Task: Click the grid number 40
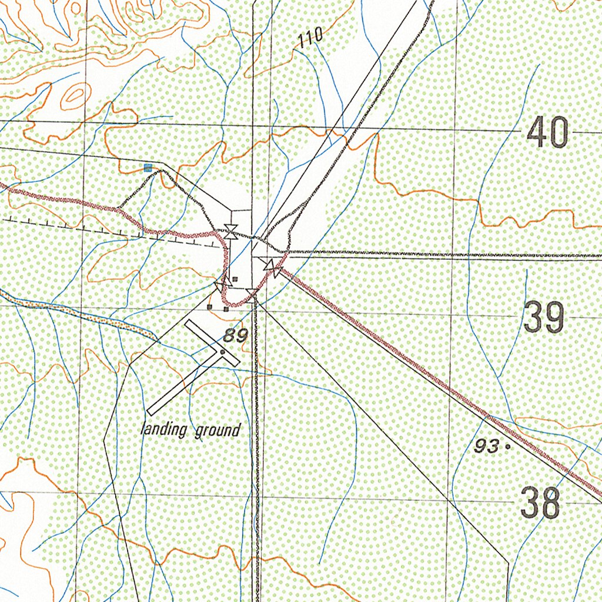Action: pos(547,132)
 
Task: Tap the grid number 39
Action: pos(544,317)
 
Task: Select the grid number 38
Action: pos(540,504)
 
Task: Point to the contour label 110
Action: pos(310,39)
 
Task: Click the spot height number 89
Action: pos(235,336)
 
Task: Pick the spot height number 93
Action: pos(486,446)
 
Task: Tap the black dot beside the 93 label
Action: pos(507,447)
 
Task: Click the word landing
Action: pos(164,430)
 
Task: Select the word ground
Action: pos(218,430)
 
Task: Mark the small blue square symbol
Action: pos(148,168)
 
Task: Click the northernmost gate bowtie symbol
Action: pos(231,232)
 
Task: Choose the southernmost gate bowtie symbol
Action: pos(252,293)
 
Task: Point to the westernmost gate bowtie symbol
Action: pos(222,285)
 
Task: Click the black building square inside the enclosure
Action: pos(235,279)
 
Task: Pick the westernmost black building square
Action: pos(210,306)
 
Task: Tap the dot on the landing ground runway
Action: pos(222,352)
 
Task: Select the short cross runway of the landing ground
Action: pos(212,343)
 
